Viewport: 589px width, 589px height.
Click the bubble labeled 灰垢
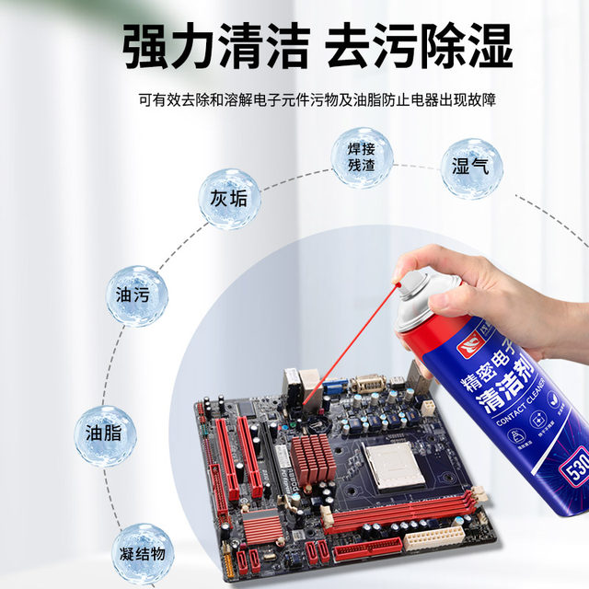coord(229,199)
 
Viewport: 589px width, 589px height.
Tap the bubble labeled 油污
coord(137,296)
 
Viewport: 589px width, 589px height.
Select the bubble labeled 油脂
coord(103,433)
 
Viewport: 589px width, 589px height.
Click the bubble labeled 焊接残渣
coord(362,157)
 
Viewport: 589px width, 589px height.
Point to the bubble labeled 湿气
coord(471,168)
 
